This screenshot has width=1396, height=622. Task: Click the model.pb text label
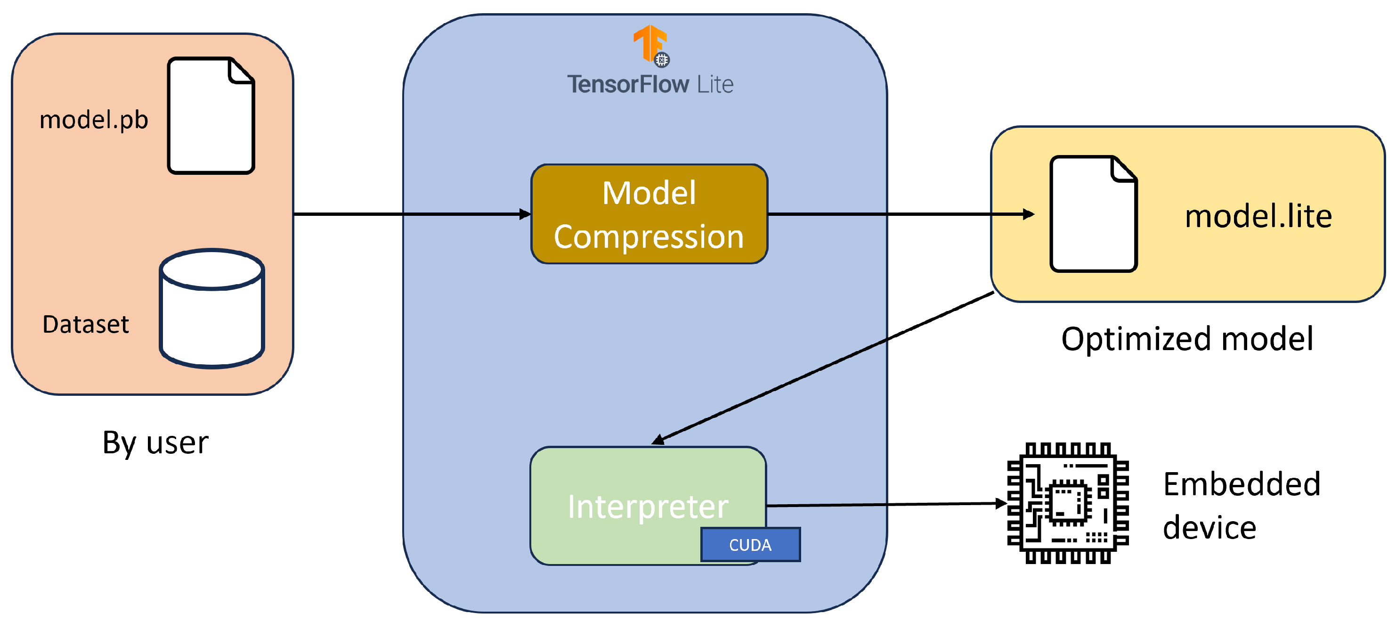click(94, 120)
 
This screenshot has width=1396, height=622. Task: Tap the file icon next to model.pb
click(211, 115)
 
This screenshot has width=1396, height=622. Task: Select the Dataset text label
click(86, 325)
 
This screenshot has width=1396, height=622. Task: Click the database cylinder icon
click(212, 309)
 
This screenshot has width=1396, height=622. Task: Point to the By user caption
click(155, 442)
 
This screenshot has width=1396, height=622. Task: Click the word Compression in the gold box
click(649, 237)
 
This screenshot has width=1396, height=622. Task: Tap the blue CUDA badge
click(750, 544)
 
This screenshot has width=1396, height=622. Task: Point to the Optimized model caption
click(1187, 339)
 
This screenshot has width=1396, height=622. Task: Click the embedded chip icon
click(1068, 503)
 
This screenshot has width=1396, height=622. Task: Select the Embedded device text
click(1241, 506)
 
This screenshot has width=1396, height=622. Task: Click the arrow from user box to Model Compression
click(412, 214)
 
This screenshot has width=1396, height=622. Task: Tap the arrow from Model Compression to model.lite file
click(900, 214)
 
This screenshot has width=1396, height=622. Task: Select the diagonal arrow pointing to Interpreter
click(824, 367)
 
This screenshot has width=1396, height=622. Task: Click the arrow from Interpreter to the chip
click(886, 505)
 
